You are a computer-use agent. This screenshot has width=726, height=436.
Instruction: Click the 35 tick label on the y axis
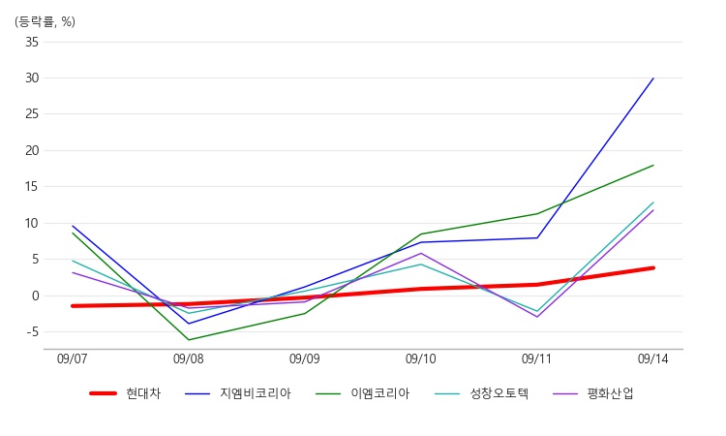[x=32, y=43]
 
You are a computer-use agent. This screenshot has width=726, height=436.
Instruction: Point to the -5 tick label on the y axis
[x=32, y=331]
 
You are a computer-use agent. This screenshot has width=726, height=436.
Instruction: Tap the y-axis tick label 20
[x=32, y=150]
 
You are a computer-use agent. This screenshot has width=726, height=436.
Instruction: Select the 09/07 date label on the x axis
[x=73, y=358]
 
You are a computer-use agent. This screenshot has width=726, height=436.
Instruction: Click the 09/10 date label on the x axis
[x=421, y=358]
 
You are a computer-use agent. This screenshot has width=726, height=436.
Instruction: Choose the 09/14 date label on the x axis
[x=652, y=358]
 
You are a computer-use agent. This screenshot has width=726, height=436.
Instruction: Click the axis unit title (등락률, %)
[x=45, y=21]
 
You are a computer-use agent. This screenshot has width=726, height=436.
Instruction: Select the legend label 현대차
[x=143, y=393]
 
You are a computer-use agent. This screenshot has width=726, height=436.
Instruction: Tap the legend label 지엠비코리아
[x=256, y=393]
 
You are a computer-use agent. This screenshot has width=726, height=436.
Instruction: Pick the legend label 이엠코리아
[x=380, y=393]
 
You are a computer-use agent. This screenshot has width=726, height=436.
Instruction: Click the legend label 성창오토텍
[x=499, y=393]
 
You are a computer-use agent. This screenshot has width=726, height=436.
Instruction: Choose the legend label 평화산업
[x=610, y=393]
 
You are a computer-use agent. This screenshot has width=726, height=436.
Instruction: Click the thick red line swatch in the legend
[x=103, y=393]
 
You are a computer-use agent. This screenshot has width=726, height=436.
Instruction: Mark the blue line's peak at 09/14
[x=653, y=78]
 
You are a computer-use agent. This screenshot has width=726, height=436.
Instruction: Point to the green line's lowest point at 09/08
[x=189, y=340]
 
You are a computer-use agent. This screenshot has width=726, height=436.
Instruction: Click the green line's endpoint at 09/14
[x=653, y=165]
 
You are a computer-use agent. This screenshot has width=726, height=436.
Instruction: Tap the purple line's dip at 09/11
[x=537, y=317]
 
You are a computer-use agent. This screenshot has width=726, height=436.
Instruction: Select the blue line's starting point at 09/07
[x=73, y=226]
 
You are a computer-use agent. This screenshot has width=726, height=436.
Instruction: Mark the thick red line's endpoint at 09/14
[x=653, y=267]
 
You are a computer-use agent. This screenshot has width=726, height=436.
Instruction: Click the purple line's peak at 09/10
[x=421, y=253]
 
